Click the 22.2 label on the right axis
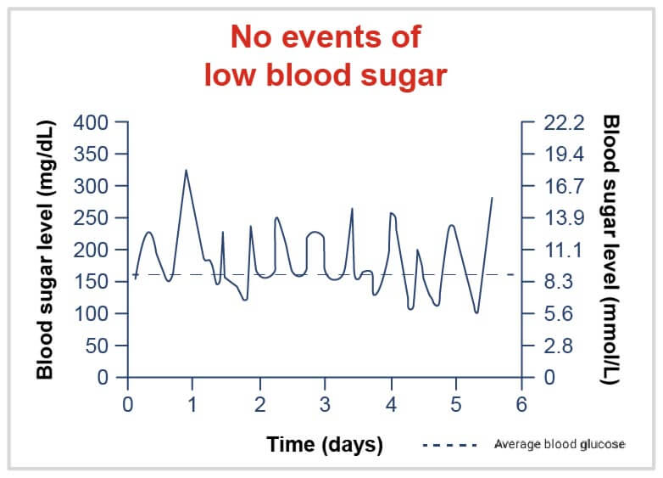pos(564,122)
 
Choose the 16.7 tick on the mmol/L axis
pos(564,186)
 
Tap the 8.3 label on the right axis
pos(560,282)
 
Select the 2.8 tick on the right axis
pos(560,346)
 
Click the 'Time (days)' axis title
pos(325,444)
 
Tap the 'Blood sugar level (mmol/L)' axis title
pos(610,250)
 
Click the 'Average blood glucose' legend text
pos(559,444)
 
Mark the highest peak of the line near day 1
pos(186,170)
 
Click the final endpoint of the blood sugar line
pos(492,197)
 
